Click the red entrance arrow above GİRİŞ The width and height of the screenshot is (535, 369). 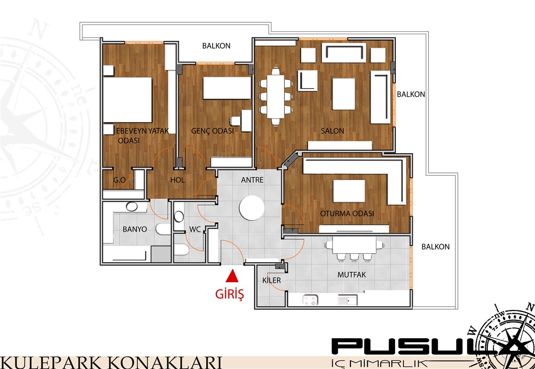pyautogui.click(x=232, y=276)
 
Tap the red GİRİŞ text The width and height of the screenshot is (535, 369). pyautogui.click(x=230, y=294)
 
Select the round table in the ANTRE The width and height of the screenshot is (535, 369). pyautogui.click(x=252, y=208)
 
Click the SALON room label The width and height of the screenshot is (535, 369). pyautogui.click(x=332, y=131)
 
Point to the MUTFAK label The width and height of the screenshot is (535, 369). pyautogui.click(x=352, y=275)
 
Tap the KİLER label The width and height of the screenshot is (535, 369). pyautogui.click(x=272, y=280)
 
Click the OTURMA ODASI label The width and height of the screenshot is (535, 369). pyautogui.click(x=347, y=213)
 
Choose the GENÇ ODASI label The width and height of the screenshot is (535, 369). pyautogui.click(x=212, y=131)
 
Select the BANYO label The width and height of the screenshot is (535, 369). pyautogui.click(x=135, y=230)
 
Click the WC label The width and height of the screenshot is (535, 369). pyautogui.click(x=195, y=230)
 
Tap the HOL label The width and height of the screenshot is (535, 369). pyautogui.click(x=177, y=180)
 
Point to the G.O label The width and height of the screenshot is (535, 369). pyautogui.click(x=119, y=180)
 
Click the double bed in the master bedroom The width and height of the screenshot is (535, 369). pyautogui.click(x=128, y=100)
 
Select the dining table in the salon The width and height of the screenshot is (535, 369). pyautogui.click(x=276, y=96)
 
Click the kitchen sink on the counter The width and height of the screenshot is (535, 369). pyautogui.click(x=347, y=300)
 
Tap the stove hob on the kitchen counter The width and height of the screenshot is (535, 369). pyautogui.click(x=310, y=300)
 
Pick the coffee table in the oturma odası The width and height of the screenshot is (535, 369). pyautogui.click(x=349, y=191)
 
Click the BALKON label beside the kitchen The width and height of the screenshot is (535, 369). pyautogui.click(x=436, y=246)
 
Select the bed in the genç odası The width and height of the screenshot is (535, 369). pyautogui.click(x=227, y=88)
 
